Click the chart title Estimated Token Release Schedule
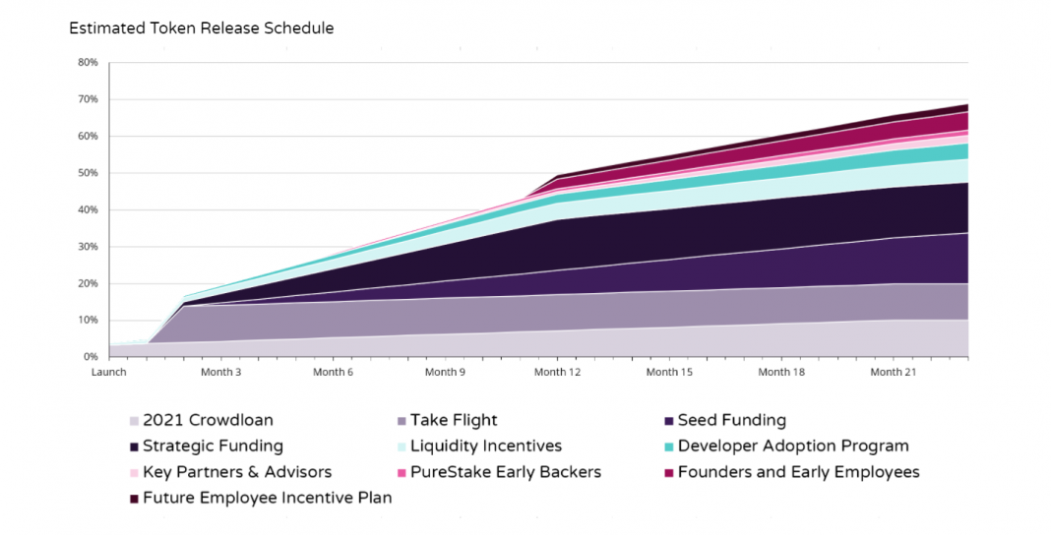tap(201, 29)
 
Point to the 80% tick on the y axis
tap(88, 63)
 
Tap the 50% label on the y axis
tap(88, 173)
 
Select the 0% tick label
tap(90, 357)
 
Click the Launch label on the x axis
tap(108, 373)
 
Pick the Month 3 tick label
tap(220, 373)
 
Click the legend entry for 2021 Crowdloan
tap(208, 421)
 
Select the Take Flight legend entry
tap(454, 421)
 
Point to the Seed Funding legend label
tap(731, 421)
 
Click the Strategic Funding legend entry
tap(213, 446)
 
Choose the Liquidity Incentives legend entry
tap(485, 446)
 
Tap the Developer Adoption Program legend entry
tap(792, 446)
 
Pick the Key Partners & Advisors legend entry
tap(236, 472)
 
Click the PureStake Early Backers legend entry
tap(505, 472)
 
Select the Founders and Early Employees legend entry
tap(798, 472)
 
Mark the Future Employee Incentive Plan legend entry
tap(267, 498)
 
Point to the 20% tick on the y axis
tap(88, 283)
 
